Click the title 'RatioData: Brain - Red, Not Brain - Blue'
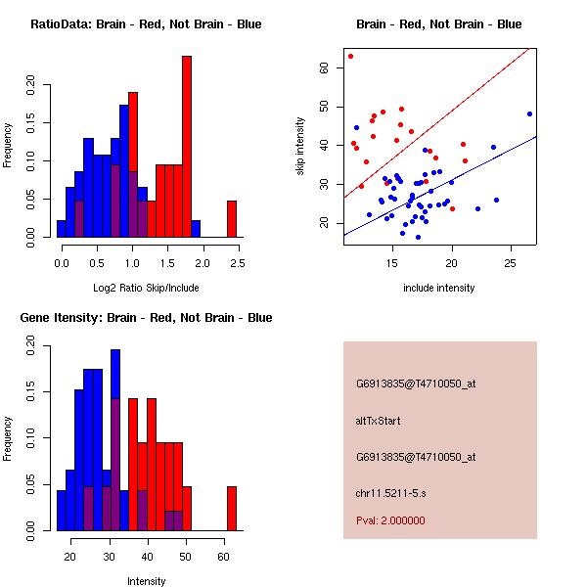pyautogui.click(x=146, y=23)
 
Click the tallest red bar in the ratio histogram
pyautogui.click(x=187, y=147)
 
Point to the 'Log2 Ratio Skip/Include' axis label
pyautogui.click(x=145, y=288)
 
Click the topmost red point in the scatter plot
pyautogui.click(x=350, y=56)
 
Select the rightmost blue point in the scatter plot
pyautogui.click(x=529, y=113)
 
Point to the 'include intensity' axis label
pyautogui.click(x=439, y=288)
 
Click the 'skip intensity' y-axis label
pyautogui.click(x=301, y=146)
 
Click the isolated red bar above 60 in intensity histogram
pyautogui.click(x=232, y=508)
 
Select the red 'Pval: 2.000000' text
pyautogui.click(x=390, y=520)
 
